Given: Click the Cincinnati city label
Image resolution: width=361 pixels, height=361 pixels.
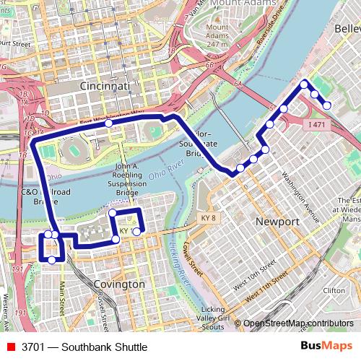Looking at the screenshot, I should (x=104, y=86).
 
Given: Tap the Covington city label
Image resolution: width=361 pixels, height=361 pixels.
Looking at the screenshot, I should (x=119, y=284).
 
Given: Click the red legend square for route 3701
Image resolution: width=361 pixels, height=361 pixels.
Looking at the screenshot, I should (x=9, y=347).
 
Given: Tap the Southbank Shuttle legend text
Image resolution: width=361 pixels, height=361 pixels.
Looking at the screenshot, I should (x=84, y=347).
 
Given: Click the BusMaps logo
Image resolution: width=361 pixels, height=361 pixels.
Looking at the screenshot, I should (x=327, y=346).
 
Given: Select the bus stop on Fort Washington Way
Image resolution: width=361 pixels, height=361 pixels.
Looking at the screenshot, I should (x=108, y=123).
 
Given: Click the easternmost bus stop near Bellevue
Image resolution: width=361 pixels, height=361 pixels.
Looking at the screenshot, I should (x=327, y=105).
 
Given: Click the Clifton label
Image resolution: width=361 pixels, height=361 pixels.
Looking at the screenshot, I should (x=334, y=290).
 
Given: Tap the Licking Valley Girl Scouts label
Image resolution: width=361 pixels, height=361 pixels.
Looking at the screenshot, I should (x=213, y=318).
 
